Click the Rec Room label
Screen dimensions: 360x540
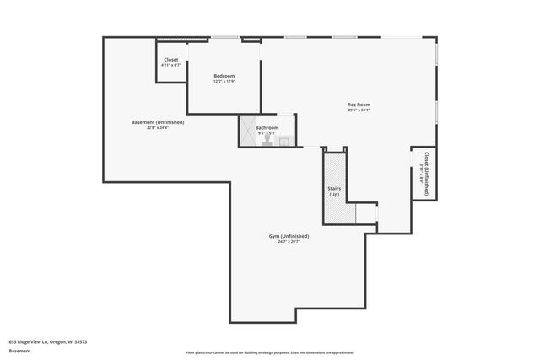359,105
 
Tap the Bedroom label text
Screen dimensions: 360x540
224,76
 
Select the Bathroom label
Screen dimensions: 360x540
267,127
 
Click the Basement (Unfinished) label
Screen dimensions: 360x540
158,122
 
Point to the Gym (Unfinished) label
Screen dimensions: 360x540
289,236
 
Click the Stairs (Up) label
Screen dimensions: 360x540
334,191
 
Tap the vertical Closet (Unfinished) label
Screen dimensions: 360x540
427,174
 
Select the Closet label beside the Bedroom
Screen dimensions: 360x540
171,60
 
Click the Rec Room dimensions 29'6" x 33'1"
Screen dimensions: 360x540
359,110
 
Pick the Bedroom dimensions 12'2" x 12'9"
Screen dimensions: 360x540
224,82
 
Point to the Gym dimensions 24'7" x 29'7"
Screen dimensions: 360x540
289,242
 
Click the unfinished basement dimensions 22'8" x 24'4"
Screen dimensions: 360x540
158,128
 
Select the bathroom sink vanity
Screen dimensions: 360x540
284,142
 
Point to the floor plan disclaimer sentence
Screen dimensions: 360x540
270,352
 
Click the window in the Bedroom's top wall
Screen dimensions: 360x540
224,37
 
